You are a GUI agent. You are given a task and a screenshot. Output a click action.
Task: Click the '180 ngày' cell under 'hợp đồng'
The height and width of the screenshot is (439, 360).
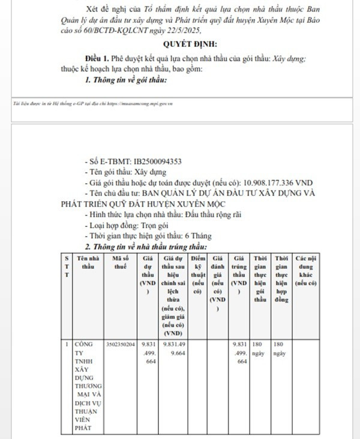pyautogui.click(x=279, y=349)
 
